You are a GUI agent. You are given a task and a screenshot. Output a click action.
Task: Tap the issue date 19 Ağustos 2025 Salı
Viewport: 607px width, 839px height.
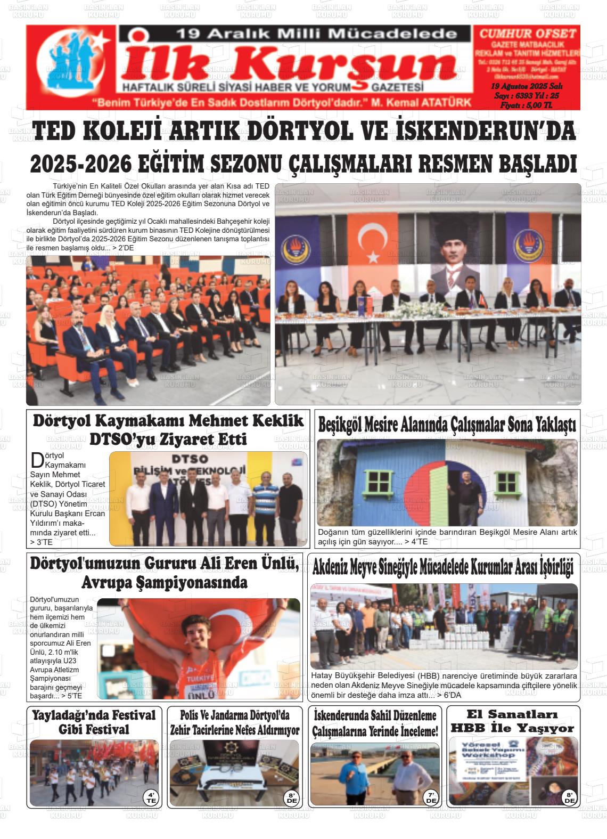tap(527, 86)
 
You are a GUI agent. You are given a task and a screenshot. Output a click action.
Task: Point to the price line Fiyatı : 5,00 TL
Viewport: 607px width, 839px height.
tap(526, 105)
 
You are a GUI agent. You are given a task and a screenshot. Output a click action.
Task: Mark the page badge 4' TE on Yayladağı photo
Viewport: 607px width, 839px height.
tap(151, 797)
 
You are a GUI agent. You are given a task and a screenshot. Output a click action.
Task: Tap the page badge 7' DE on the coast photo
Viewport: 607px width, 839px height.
tap(431, 797)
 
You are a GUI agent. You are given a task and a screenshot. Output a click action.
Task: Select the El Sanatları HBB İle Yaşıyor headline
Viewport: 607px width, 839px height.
tap(513, 721)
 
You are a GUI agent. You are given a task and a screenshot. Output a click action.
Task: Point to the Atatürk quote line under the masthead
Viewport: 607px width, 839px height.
tap(282, 102)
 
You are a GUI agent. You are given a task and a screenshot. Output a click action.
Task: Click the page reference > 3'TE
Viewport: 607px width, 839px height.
tap(42, 542)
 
